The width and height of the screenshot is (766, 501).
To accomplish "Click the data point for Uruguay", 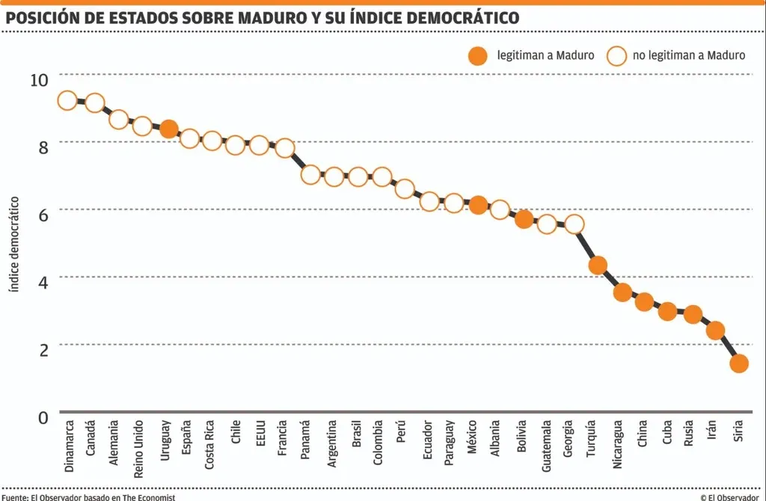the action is pyautogui.click(x=168, y=129).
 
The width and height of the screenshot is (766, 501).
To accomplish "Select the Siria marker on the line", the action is pyautogui.click(x=738, y=363).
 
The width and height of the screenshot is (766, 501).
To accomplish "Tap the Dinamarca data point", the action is pyautogui.click(x=67, y=101).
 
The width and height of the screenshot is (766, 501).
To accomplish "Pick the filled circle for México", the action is pyautogui.click(x=478, y=205).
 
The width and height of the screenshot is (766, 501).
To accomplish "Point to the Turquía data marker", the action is pyautogui.click(x=598, y=265).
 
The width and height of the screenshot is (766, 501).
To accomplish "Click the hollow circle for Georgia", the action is pyautogui.click(x=574, y=224).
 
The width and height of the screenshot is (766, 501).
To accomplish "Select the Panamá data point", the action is pyautogui.click(x=310, y=174).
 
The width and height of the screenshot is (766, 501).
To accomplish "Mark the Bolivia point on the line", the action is pyautogui.click(x=524, y=219).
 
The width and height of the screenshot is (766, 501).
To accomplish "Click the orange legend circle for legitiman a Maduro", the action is pyautogui.click(x=478, y=56).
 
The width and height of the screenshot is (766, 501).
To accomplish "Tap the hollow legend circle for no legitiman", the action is pyautogui.click(x=616, y=56).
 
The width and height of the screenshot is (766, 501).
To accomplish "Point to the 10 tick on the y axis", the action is pyautogui.click(x=39, y=80).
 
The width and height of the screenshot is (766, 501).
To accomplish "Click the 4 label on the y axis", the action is pyautogui.click(x=43, y=282).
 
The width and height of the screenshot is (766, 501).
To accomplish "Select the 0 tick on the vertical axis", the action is pyautogui.click(x=43, y=417).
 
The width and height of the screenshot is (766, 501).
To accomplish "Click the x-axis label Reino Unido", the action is pyautogui.click(x=138, y=449).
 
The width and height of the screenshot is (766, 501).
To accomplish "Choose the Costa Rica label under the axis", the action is pyautogui.click(x=209, y=445).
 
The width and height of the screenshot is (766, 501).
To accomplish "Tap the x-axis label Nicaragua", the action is pyautogui.click(x=617, y=444).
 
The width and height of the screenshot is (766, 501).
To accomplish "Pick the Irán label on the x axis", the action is pyautogui.click(x=712, y=429).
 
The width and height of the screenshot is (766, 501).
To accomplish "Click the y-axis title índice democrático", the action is pyautogui.click(x=15, y=245).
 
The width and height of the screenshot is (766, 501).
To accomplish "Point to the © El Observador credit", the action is pyautogui.click(x=729, y=497).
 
